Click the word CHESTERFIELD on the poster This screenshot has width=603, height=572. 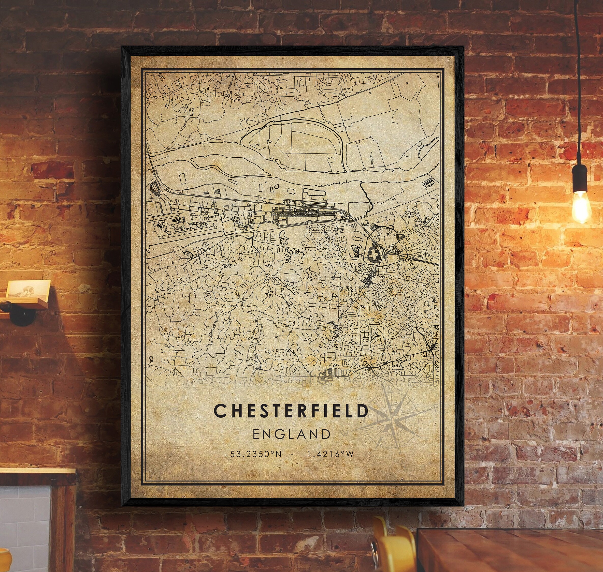click(x=291, y=411)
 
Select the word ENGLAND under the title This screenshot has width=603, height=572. click(x=291, y=434)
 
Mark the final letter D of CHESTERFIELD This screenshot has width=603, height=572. click(x=362, y=411)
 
